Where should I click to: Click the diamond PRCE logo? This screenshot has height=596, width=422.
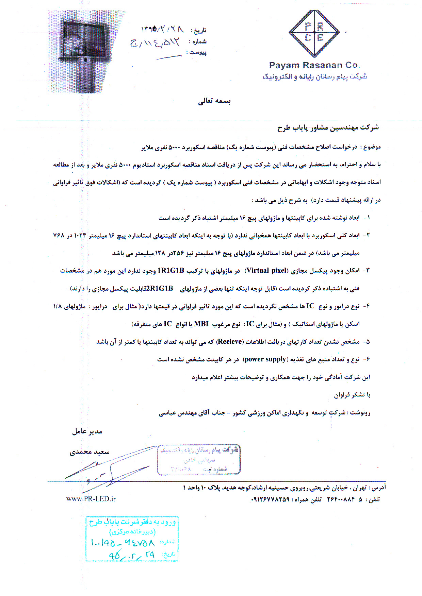click(314, 33)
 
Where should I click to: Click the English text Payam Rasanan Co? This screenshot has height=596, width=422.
click(314, 65)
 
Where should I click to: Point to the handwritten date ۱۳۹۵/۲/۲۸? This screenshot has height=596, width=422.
click(162, 29)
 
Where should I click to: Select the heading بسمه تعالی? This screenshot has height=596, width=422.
click(214, 101)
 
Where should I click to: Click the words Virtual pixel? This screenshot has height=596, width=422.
click(266, 271)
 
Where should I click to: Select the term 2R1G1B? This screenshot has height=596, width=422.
click(160, 288)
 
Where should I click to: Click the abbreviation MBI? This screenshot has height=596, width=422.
click(201, 324)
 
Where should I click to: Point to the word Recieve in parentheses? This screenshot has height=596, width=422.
click(230, 342)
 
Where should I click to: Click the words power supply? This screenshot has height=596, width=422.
click(265, 359)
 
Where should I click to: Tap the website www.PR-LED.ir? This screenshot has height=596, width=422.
click(91, 499)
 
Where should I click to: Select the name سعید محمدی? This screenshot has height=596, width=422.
click(90, 452)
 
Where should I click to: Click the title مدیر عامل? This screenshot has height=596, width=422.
click(87, 431)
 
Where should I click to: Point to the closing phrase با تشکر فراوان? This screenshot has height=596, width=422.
click(352, 395)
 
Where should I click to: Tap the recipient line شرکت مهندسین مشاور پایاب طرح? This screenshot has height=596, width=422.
click(328, 127)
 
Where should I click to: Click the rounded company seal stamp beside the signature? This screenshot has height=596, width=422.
click(199, 459)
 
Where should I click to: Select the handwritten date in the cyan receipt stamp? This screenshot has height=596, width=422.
click(132, 555)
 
